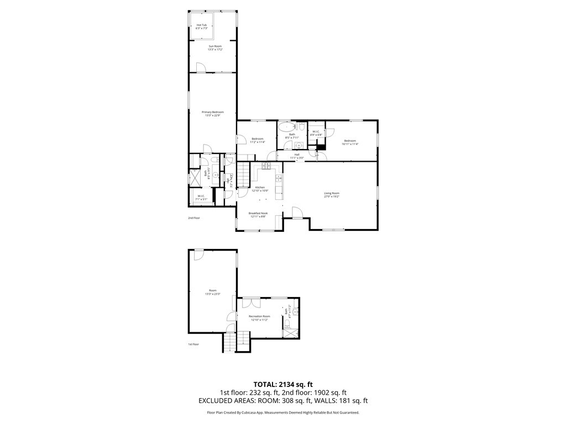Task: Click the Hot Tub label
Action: click(x=202, y=25)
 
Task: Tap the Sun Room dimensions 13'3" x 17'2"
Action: click(x=215, y=50)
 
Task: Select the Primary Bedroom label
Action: click(x=213, y=112)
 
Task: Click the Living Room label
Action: click(x=331, y=193)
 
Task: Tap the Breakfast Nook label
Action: click(x=257, y=213)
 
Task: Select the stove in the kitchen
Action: click(x=266, y=165)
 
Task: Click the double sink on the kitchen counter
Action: click(x=279, y=178)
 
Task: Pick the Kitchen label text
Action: click(x=260, y=187)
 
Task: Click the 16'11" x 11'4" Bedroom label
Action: click(x=350, y=141)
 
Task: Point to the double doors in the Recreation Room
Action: click(x=252, y=302)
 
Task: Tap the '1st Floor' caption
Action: click(x=193, y=344)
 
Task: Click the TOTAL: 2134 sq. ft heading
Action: click(x=283, y=384)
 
